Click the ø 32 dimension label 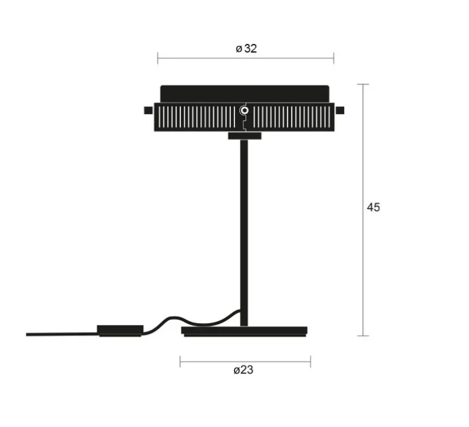click(246, 48)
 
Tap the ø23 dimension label click(243, 370)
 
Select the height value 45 click(374, 207)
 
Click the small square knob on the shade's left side click(148, 111)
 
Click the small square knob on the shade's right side click(340, 111)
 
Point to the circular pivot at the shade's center click(245, 111)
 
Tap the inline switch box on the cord click(120, 330)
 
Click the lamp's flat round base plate click(245, 331)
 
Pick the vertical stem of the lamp click(244, 233)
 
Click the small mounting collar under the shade click(244, 135)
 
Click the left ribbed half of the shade click(196, 117)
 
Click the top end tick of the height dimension click(364, 84)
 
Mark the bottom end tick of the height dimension click(364, 336)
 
